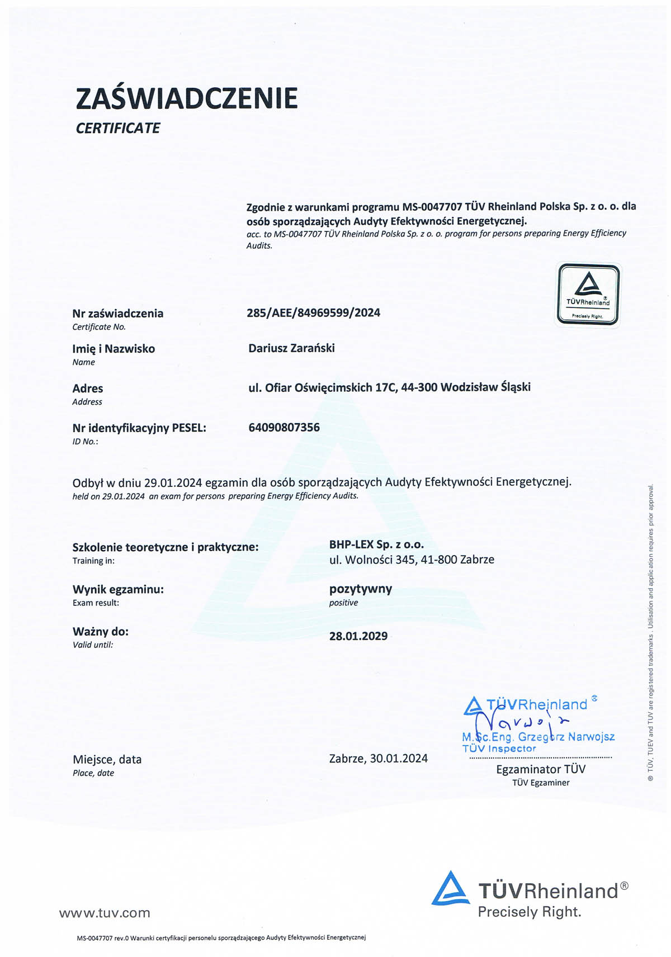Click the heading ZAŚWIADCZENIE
point(186,98)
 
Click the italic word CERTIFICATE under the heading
point(117,128)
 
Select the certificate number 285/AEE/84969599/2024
point(313,312)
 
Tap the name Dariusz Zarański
point(291,348)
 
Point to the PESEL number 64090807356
point(284,428)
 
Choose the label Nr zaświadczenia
point(118,314)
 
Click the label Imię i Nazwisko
point(114,349)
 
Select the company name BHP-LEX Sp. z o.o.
point(376,544)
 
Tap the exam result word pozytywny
point(361,589)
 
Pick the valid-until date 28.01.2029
point(358,636)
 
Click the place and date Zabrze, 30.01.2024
point(379,759)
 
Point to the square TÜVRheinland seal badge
point(588,294)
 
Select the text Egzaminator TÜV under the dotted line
point(541,769)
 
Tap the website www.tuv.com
point(105,913)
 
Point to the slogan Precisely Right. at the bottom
point(530,912)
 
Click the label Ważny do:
point(101,632)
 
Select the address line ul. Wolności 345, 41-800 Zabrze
point(412,560)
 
